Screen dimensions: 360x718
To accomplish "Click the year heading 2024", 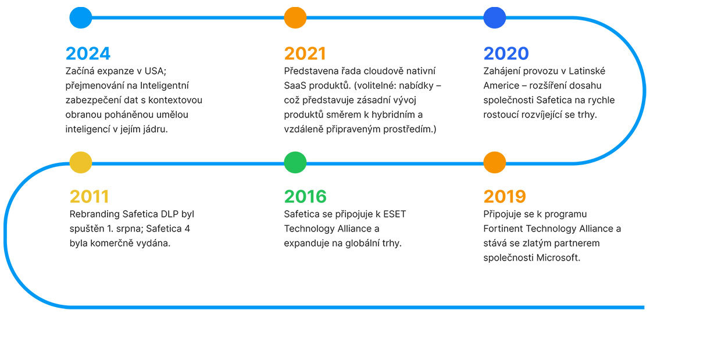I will pos(88,54).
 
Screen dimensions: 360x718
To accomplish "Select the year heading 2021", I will pos(305,54).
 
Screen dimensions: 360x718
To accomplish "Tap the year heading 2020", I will pos(506,54).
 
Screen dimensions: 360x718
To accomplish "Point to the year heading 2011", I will pos(89,197).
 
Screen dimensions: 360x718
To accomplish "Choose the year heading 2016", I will pos(305,197).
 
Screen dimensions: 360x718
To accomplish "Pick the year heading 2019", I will pos(505,197).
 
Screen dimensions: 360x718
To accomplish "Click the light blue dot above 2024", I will pos(81,17).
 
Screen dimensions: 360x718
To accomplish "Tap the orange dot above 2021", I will pos(295,17).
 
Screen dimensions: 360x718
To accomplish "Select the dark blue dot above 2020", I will pos(495,17).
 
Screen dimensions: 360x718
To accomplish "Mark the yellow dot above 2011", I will pos(81,162).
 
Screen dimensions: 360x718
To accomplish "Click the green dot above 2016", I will pos(295,162).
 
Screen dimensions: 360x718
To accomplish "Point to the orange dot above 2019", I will pos(495,162).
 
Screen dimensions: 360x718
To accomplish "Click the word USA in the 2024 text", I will pos(155,71).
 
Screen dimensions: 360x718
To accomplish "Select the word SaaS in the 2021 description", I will pos(295,85).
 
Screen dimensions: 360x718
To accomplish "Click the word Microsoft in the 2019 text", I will pos(559,258).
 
